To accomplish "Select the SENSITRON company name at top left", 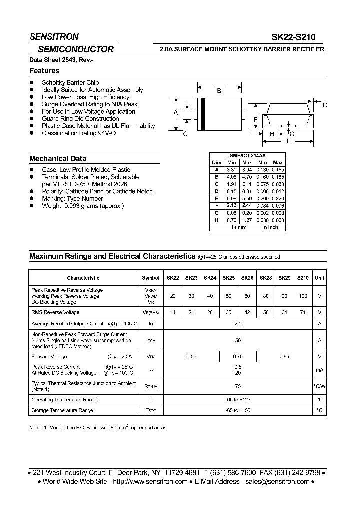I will [54, 37].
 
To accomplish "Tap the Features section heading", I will [44, 71].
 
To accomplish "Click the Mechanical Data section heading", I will [58, 159].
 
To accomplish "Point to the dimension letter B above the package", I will [219, 91].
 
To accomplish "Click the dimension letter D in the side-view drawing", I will [325, 105].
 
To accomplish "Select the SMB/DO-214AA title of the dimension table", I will [247, 156].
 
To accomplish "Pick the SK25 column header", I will [229, 278].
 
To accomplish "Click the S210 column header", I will [303, 278].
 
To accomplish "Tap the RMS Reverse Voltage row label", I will [55, 312].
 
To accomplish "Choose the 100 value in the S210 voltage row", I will [303, 296].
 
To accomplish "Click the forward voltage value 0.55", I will [191, 356].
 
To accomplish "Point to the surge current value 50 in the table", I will [238, 340].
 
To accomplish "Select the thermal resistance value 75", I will [238, 386].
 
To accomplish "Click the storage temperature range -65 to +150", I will [238, 410].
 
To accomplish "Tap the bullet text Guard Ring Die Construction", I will [80, 119].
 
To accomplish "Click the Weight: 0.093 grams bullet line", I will [83, 206].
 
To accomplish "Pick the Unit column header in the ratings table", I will [320, 278].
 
